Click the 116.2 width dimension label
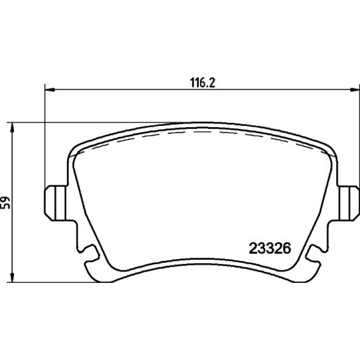203,83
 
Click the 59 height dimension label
5,203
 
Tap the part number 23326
270,248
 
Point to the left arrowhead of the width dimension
49,89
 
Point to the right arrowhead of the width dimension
354,89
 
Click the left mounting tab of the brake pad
56,203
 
